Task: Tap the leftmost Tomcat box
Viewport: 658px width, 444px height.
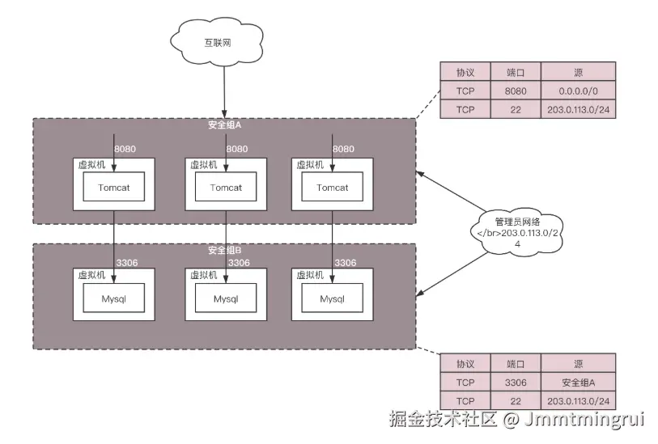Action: [x=114, y=188]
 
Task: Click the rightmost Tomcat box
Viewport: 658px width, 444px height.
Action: [x=332, y=188]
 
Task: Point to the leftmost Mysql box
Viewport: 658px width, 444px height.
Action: [x=114, y=298]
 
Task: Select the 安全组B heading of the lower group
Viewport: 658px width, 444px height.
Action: [x=223, y=251]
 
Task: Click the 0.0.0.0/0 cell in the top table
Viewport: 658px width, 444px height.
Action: [x=576, y=91]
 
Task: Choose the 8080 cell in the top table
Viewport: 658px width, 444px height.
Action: [x=515, y=91]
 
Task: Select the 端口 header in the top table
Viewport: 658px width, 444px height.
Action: [x=515, y=70]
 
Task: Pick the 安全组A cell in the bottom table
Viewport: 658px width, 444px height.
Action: [x=576, y=383]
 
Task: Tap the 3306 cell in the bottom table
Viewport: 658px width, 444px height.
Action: [x=515, y=383]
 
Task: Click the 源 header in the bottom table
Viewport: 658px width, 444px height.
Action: [x=576, y=363]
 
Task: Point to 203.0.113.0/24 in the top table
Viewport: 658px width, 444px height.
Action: [x=576, y=110]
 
